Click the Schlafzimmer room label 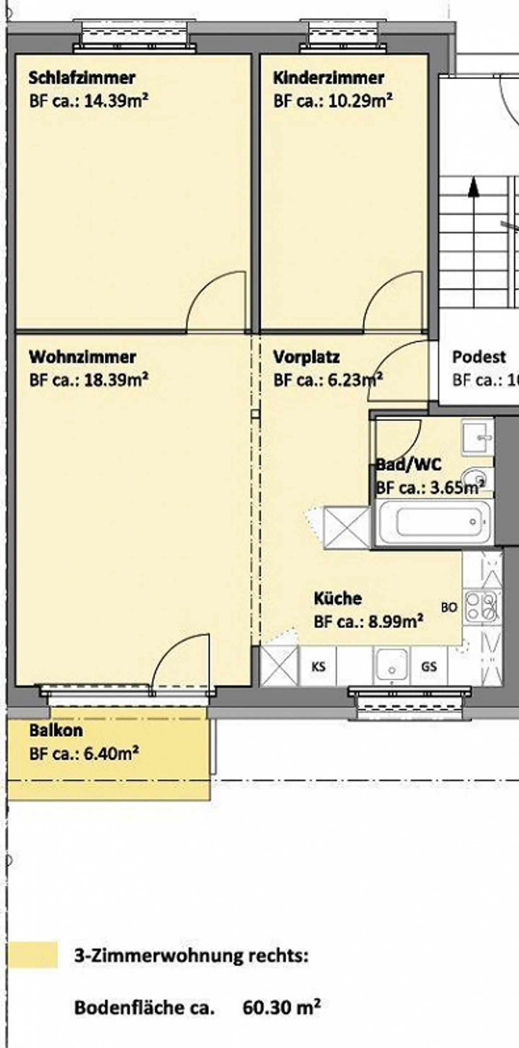pos(82,78)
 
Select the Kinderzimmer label pos(328,78)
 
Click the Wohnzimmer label pos(83,357)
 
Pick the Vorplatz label pos(306,357)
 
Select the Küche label pos(338,598)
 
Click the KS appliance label pos(318,667)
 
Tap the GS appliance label pos(429,666)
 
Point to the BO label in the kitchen pos(449,607)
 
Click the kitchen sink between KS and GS pos(391,665)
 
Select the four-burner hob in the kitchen pos(482,606)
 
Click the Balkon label pos(56,730)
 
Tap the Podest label pos(479,357)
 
